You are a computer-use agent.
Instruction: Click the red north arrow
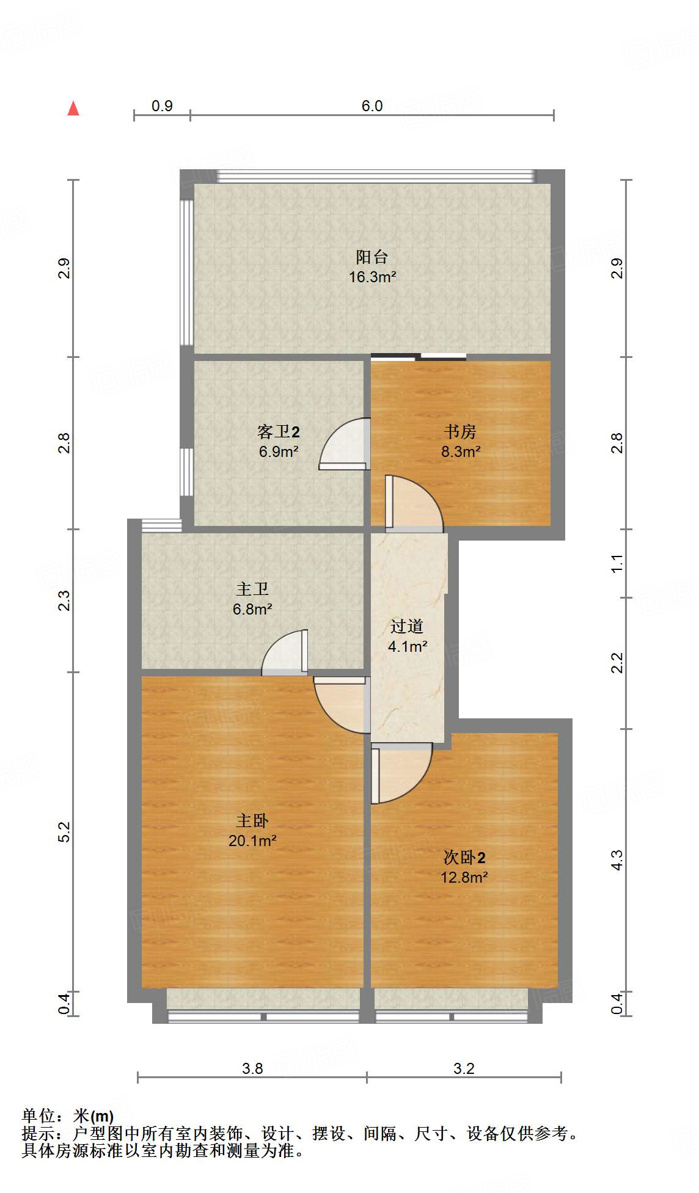click(73, 108)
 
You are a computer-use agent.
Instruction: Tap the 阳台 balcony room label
click(372, 257)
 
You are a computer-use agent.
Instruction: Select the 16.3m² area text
click(373, 277)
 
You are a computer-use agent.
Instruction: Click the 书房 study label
click(460, 431)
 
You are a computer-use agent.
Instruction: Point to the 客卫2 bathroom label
click(279, 432)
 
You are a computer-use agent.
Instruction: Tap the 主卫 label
click(252, 589)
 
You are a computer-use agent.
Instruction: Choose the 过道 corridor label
click(407, 626)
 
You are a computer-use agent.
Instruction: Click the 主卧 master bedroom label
click(252, 820)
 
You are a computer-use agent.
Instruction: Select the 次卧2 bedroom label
click(464, 857)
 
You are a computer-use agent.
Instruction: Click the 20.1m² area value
click(252, 841)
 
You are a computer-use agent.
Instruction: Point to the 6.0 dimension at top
click(372, 106)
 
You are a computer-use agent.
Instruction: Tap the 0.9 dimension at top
click(162, 106)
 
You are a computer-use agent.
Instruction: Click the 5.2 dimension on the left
click(64, 831)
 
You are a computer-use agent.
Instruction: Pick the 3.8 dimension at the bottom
click(252, 1068)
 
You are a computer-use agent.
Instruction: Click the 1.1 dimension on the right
click(617, 563)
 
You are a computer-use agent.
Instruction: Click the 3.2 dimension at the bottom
click(464, 1068)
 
